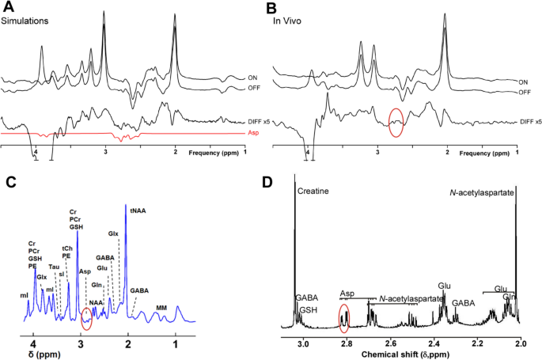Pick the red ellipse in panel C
[x=86, y=318]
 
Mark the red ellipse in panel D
[x=344, y=317]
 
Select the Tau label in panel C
[x=54, y=267]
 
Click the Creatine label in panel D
[x=314, y=191]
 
